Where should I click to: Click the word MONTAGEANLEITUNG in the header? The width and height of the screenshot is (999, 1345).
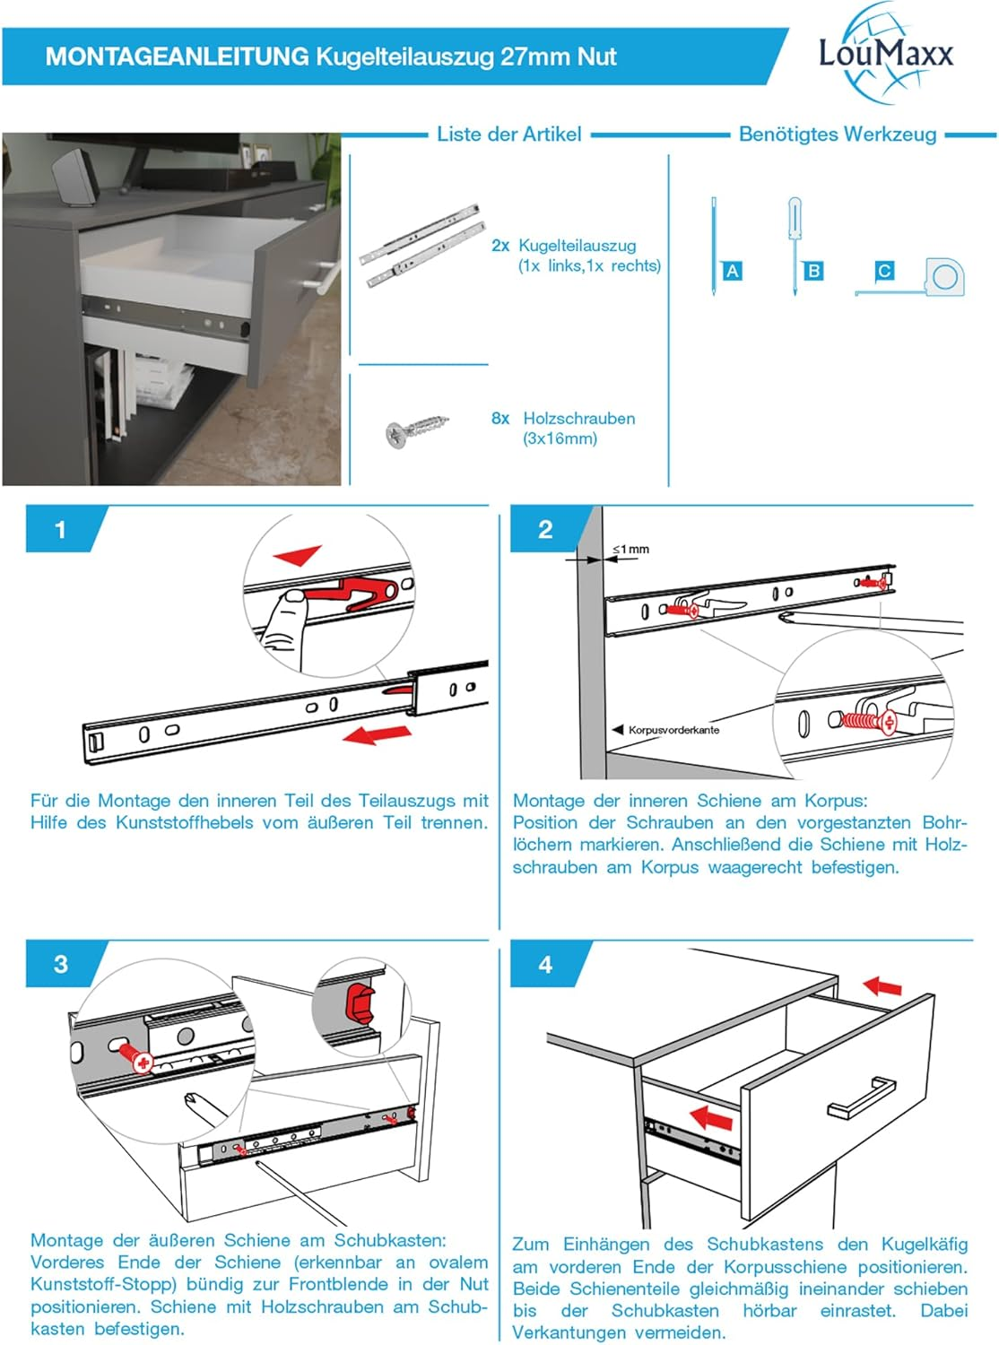tap(177, 56)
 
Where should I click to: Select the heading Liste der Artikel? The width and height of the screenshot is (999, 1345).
tap(508, 134)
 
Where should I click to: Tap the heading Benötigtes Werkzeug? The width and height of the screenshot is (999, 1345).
tap(837, 134)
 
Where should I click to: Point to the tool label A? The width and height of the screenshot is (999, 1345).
tap(732, 271)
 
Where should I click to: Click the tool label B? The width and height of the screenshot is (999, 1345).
tap(813, 271)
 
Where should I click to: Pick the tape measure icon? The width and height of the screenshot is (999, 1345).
tap(942, 277)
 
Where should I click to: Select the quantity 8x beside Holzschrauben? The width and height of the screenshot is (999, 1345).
tap(500, 419)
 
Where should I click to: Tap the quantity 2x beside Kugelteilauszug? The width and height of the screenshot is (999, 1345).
tap(500, 246)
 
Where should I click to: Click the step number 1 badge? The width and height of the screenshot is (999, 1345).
tap(60, 530)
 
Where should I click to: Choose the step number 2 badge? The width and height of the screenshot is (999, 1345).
tap(545, 530)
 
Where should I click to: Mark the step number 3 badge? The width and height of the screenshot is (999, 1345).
tap(60, 965)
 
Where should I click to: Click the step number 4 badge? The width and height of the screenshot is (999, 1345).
tap(545, 965)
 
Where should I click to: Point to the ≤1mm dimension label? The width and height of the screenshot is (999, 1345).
tap(631, 549)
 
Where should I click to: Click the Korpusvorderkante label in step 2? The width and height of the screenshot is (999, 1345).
tap(673, 730)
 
